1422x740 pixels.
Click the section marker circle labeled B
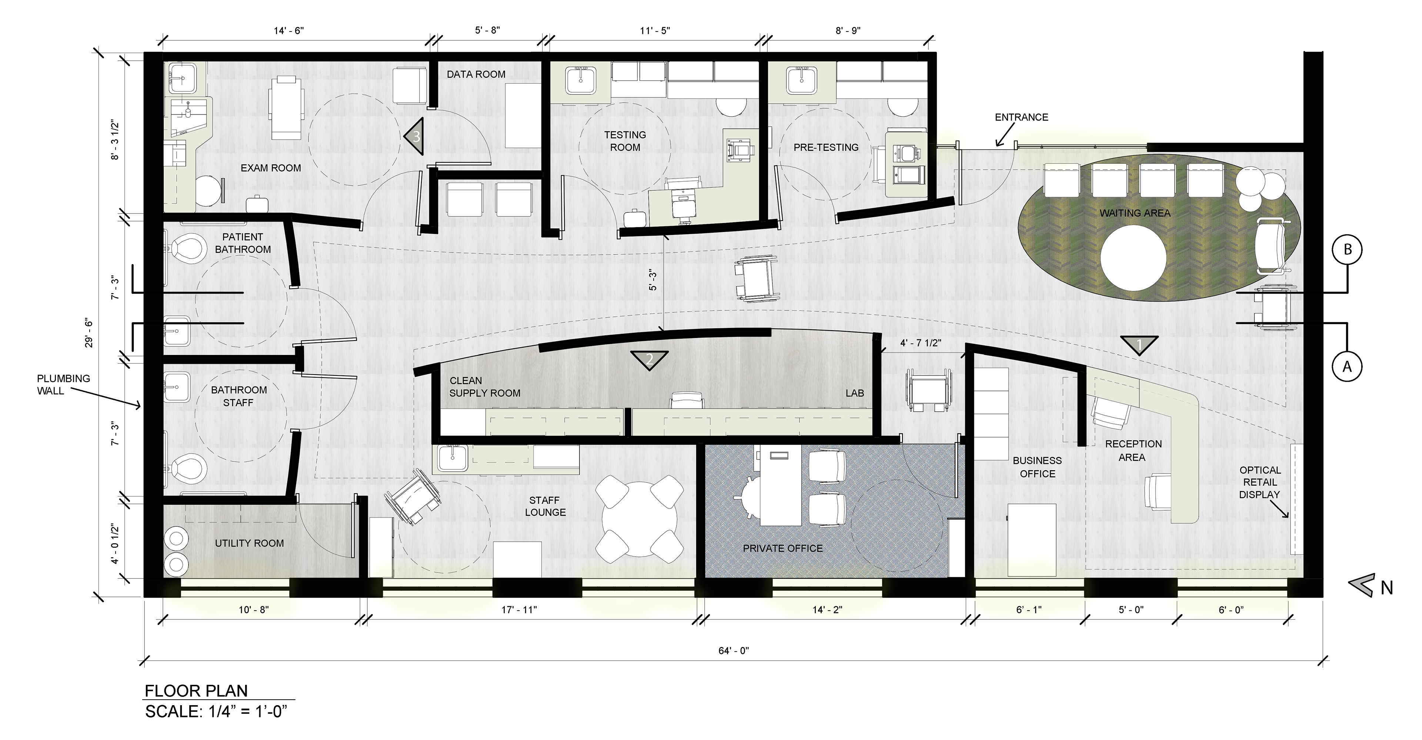[1348, 250]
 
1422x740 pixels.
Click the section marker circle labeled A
[1348, 366]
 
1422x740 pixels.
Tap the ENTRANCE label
[1021, 117]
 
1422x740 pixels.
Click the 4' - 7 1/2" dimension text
[920, 343]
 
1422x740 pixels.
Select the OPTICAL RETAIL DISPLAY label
[1260, 482]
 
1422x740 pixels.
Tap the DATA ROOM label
[476, 74]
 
